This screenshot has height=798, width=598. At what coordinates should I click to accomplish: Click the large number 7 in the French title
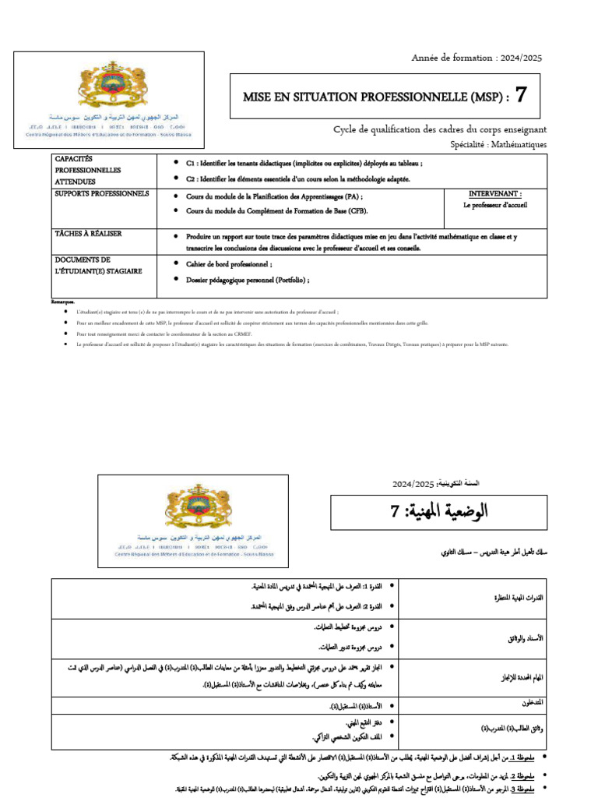[521, 96]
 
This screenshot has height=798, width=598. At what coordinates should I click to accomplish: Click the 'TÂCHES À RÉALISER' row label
[87, 234]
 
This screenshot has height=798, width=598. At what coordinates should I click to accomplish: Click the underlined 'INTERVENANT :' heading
[495, 193]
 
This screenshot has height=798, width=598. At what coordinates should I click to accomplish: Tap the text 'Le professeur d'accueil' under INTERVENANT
[495, 206]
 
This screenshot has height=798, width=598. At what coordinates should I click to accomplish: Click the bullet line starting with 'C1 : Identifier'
[304, 164]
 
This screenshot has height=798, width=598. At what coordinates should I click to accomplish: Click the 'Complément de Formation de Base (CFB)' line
[276, 211]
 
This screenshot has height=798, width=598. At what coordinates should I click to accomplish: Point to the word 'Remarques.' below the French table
[63, 302]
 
